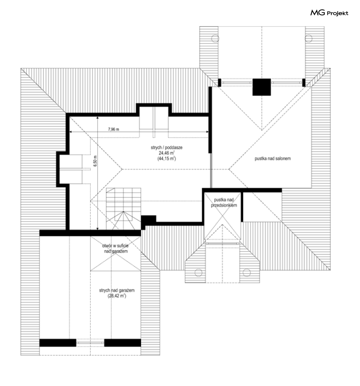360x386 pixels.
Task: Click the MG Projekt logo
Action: (x=329, y=13)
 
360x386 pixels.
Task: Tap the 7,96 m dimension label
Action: (x=114, y=129)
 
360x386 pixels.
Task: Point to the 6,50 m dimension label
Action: (x=96, y=161)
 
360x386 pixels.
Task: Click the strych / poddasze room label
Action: (x=166, y=147)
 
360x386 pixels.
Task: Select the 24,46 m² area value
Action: (x=166, y=153)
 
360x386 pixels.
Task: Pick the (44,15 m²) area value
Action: (x=166, y=159)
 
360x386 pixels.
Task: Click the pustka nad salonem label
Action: (x=272, y=159)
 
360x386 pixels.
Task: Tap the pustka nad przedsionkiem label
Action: (x=224, y=202)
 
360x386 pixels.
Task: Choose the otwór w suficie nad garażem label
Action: (x=115, y=248)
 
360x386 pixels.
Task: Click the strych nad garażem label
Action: (x=117, y=290)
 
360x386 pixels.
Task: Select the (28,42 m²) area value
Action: (x=117, y=296)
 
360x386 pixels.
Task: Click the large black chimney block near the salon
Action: (x=262, y=87)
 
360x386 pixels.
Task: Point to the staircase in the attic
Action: (x=123, y=209)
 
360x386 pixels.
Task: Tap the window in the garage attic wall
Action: (x=90, y=342)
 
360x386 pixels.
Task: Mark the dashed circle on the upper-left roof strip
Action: (x=215, y=38)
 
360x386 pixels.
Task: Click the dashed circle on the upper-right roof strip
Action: (x=308, y=38)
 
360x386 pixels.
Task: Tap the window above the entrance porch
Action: (x=222, y=244)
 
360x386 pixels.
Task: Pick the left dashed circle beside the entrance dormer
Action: (x=198, y=273)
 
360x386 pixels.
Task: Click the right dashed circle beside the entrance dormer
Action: (x=246, y=273)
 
